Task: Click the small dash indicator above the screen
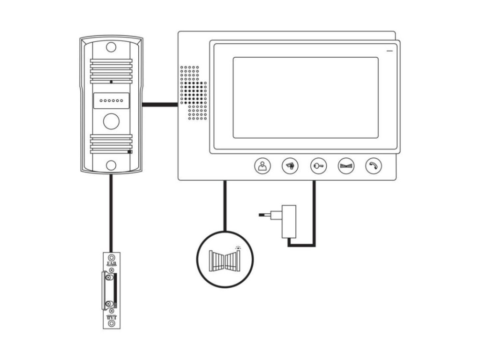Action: (389, 50)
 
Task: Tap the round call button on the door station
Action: (111, 121)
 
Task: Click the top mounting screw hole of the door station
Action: (111, 47)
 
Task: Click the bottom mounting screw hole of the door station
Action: (111, 165)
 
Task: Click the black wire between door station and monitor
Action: (160, 105)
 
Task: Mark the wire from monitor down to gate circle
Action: (225, 206)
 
